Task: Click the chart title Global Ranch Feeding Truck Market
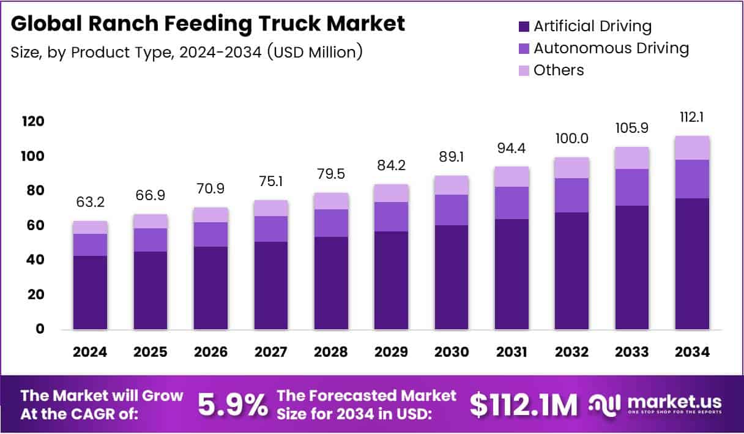tap(207, 23)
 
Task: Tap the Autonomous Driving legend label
tap(611, 48)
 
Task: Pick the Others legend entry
tap(558, 70)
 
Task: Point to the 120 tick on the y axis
tap(34, 122)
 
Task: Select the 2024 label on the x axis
tap(90, 352)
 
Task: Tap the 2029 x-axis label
tap(391, 352)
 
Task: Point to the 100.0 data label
tap(572, 139)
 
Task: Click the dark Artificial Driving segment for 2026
tap(210, 288)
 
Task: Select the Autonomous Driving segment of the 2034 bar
tap(692, 179)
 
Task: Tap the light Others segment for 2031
tap(511, 176)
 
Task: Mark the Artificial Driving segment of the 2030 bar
tap(452, 277)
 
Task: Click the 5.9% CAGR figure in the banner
tap(232, 405)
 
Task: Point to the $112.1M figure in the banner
tap(523, 405)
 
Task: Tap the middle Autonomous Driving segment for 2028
tap(331, 223)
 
